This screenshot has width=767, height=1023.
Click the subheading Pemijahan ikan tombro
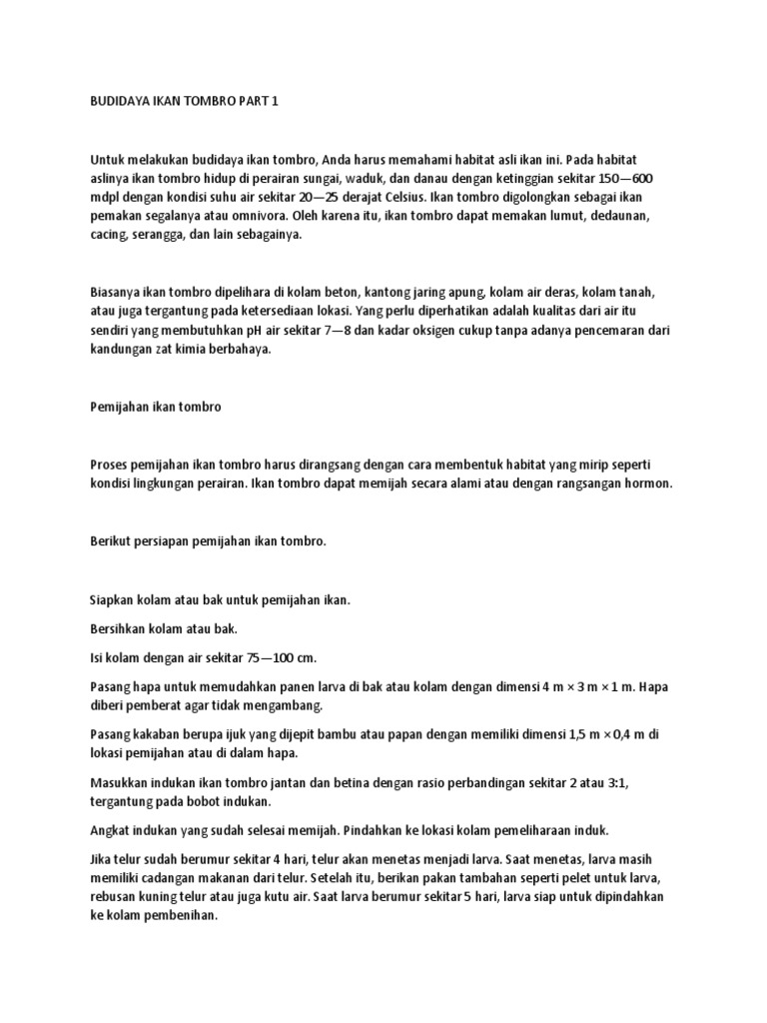coord(150,407)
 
